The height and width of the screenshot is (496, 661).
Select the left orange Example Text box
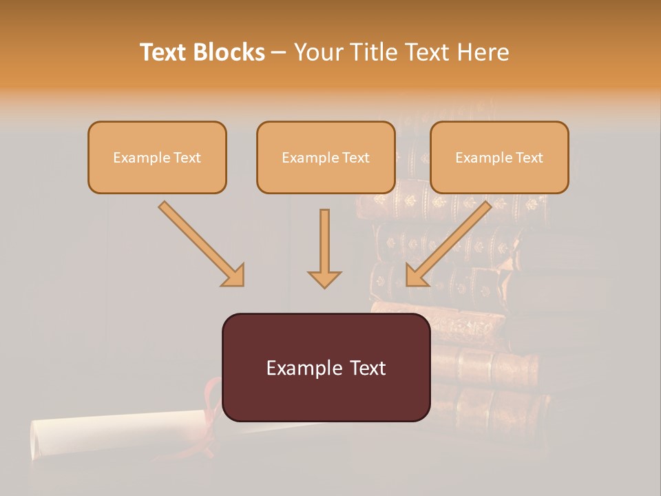pyautogui.click(x=157, y=158)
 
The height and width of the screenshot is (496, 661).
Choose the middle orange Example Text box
pyautogui.click(x=326, y=158)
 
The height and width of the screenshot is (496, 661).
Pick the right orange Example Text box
pyautogui.click(x=499, y=158)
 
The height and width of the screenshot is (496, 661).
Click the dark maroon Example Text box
pyautogui.click(x=326, y=368)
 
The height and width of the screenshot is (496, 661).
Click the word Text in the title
pyautogui.click(x=163, y=52)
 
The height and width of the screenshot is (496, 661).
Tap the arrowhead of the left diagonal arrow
pyautogui.click(x=234, y=276)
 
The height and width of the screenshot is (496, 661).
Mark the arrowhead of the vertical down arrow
pyautogui.click(x=324, y=279)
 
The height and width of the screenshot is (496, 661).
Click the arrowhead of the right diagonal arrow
pyautogui.click(x=416, y=276)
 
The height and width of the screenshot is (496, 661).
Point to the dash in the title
pyautogui.click(x=279, y=52)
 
